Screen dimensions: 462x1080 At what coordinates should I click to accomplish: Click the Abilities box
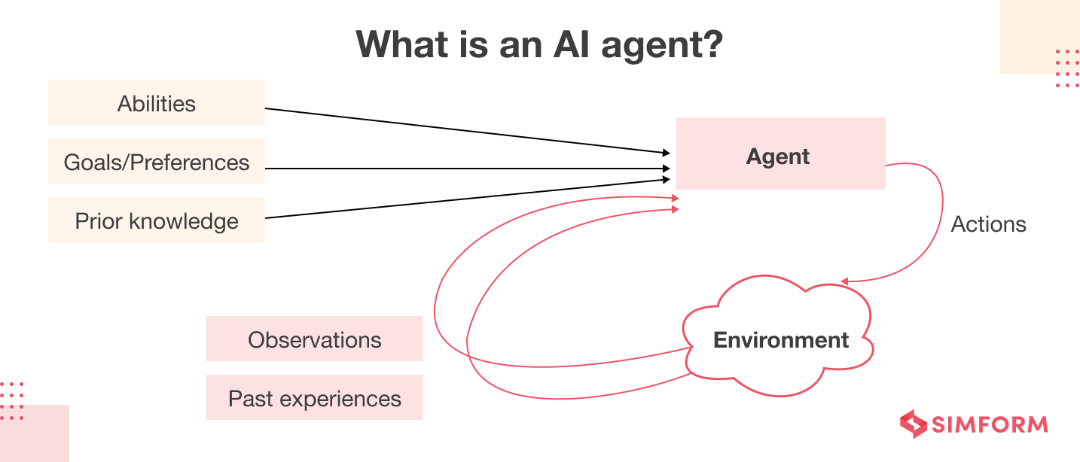pos(157,103)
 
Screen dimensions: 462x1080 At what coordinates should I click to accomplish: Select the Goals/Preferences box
pos(157,162)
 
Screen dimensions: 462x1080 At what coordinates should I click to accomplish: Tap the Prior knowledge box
pos(157,220)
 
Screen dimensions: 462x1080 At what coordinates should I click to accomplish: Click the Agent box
pos(780,154)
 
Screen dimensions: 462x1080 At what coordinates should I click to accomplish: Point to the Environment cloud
pos(780,340)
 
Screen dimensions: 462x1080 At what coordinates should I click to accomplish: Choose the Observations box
pos(315,339)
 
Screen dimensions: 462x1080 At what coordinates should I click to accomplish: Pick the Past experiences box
pos(315,398)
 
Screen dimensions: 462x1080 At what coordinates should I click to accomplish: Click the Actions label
pos(988,224)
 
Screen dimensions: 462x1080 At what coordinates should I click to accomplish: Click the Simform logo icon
pos(914,424)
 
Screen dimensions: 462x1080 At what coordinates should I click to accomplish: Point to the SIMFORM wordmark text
pos(990,424)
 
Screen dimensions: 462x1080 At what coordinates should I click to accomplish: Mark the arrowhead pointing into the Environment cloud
pos(845,282)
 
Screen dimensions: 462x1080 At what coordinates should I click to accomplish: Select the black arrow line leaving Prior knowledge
pos(467,199)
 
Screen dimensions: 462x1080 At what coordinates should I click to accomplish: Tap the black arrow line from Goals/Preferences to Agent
pos(467,169)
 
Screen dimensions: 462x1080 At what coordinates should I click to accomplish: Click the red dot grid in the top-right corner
pos(1067,68)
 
